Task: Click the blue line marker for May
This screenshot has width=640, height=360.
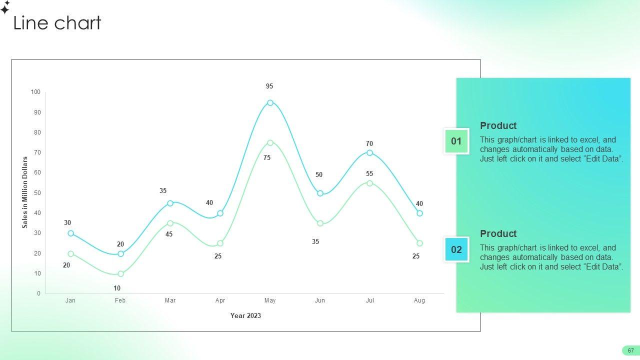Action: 270,102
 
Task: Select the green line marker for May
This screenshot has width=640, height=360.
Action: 270,142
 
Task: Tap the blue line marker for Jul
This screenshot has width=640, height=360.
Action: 369,152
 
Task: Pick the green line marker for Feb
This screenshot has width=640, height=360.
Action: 120,273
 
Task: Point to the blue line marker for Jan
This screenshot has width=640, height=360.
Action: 71,233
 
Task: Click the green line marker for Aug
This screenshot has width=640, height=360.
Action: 419,243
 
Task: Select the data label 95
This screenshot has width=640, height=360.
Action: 269,86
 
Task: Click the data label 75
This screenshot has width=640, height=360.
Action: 267,157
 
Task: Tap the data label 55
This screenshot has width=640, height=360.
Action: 369,173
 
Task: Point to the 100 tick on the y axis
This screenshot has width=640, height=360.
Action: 35,91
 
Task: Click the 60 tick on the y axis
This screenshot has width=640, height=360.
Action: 37,172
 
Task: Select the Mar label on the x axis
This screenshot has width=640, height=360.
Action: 170,300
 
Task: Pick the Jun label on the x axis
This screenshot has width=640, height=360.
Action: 319,300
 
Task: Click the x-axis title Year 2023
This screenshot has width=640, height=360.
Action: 245,315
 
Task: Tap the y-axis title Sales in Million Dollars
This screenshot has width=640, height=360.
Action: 25,192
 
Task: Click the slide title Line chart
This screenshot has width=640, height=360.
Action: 57,22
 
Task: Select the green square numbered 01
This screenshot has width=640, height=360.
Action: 456,141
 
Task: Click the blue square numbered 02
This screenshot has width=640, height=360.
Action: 456,249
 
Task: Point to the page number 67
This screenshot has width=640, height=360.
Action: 630,350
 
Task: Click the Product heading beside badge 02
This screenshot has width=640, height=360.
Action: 498,233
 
